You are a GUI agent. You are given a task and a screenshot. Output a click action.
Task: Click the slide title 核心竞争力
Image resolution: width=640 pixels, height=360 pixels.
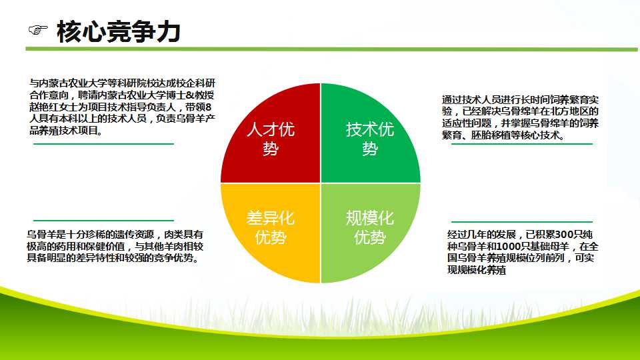pyautogui.click(x=119, y=31)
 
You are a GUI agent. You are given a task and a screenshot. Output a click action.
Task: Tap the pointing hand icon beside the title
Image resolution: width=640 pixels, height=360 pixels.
pyautogui.click(x=38, y=30)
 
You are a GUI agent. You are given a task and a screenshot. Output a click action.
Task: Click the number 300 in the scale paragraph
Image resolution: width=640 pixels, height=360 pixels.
pyautogui.click(x=565, y=234)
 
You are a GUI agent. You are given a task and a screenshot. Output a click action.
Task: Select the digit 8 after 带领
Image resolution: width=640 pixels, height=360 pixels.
pyautogui.click(x=209, y=107)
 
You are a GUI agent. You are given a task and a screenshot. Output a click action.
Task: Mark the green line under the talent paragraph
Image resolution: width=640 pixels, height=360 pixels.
pyautogui.click(x=104, y=144)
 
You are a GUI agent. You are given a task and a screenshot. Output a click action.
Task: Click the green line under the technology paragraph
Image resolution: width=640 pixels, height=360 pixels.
pyautogui.click(x=521, y=144)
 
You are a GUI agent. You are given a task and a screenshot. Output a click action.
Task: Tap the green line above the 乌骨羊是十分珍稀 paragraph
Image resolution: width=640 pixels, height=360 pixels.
pyautogui.click(x=104, y=221)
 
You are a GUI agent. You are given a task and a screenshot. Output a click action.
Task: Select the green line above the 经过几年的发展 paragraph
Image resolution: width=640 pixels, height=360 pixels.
pyautogui.click(x=521, y=221)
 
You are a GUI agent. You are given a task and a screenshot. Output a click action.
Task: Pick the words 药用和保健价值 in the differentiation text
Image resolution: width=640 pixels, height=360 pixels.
pyautogui.click(x=76, y=246)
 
